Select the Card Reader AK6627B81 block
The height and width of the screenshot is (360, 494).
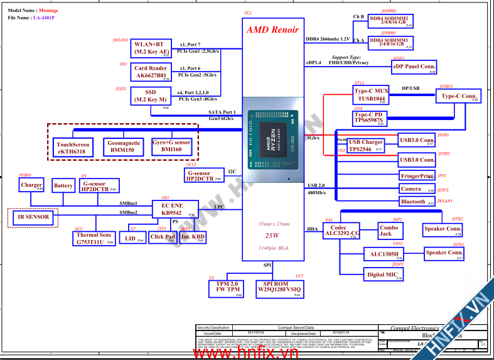(151, 72)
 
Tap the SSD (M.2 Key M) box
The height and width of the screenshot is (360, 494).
(151, 95)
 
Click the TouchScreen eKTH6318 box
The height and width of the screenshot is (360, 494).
(73, 148)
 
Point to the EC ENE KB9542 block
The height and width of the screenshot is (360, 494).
(176, 209)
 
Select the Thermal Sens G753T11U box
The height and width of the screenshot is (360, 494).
(94, 238)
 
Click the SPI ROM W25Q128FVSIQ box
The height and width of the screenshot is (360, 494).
(279, 288)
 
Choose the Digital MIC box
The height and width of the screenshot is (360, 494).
(383, 274)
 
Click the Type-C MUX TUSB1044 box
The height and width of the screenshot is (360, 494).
(371, 95)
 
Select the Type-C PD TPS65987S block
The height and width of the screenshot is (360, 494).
(370, 117)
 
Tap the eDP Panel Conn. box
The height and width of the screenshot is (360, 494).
(414, 67)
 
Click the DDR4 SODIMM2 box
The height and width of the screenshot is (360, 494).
(391, 21)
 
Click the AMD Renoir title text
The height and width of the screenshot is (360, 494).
(272, 30)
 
